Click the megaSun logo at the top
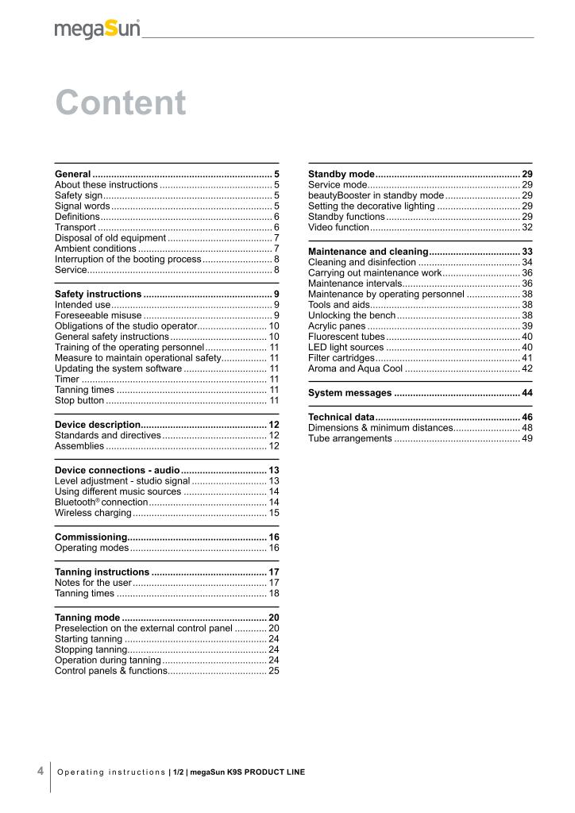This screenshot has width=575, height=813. click(97, 29)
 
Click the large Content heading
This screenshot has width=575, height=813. click(121, 103)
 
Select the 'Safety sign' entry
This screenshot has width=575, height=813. click(79, 195)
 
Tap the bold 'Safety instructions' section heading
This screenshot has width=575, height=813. click(98, 295)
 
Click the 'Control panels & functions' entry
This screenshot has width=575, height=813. click(110, 671)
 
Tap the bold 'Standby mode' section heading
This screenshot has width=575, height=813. click(341, 174)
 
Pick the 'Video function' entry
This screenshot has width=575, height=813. click(338, 228)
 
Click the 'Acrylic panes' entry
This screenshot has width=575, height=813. click(337, 326)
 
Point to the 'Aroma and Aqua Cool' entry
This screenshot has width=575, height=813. click(355, 368)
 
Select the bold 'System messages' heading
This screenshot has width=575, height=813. click(349, 393)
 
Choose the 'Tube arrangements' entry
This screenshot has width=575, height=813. click(349, 439)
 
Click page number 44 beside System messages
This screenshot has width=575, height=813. click(527, 393)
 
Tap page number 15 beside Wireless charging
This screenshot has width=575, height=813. click(273, 514)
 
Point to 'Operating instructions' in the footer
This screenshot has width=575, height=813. click(110, 772)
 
